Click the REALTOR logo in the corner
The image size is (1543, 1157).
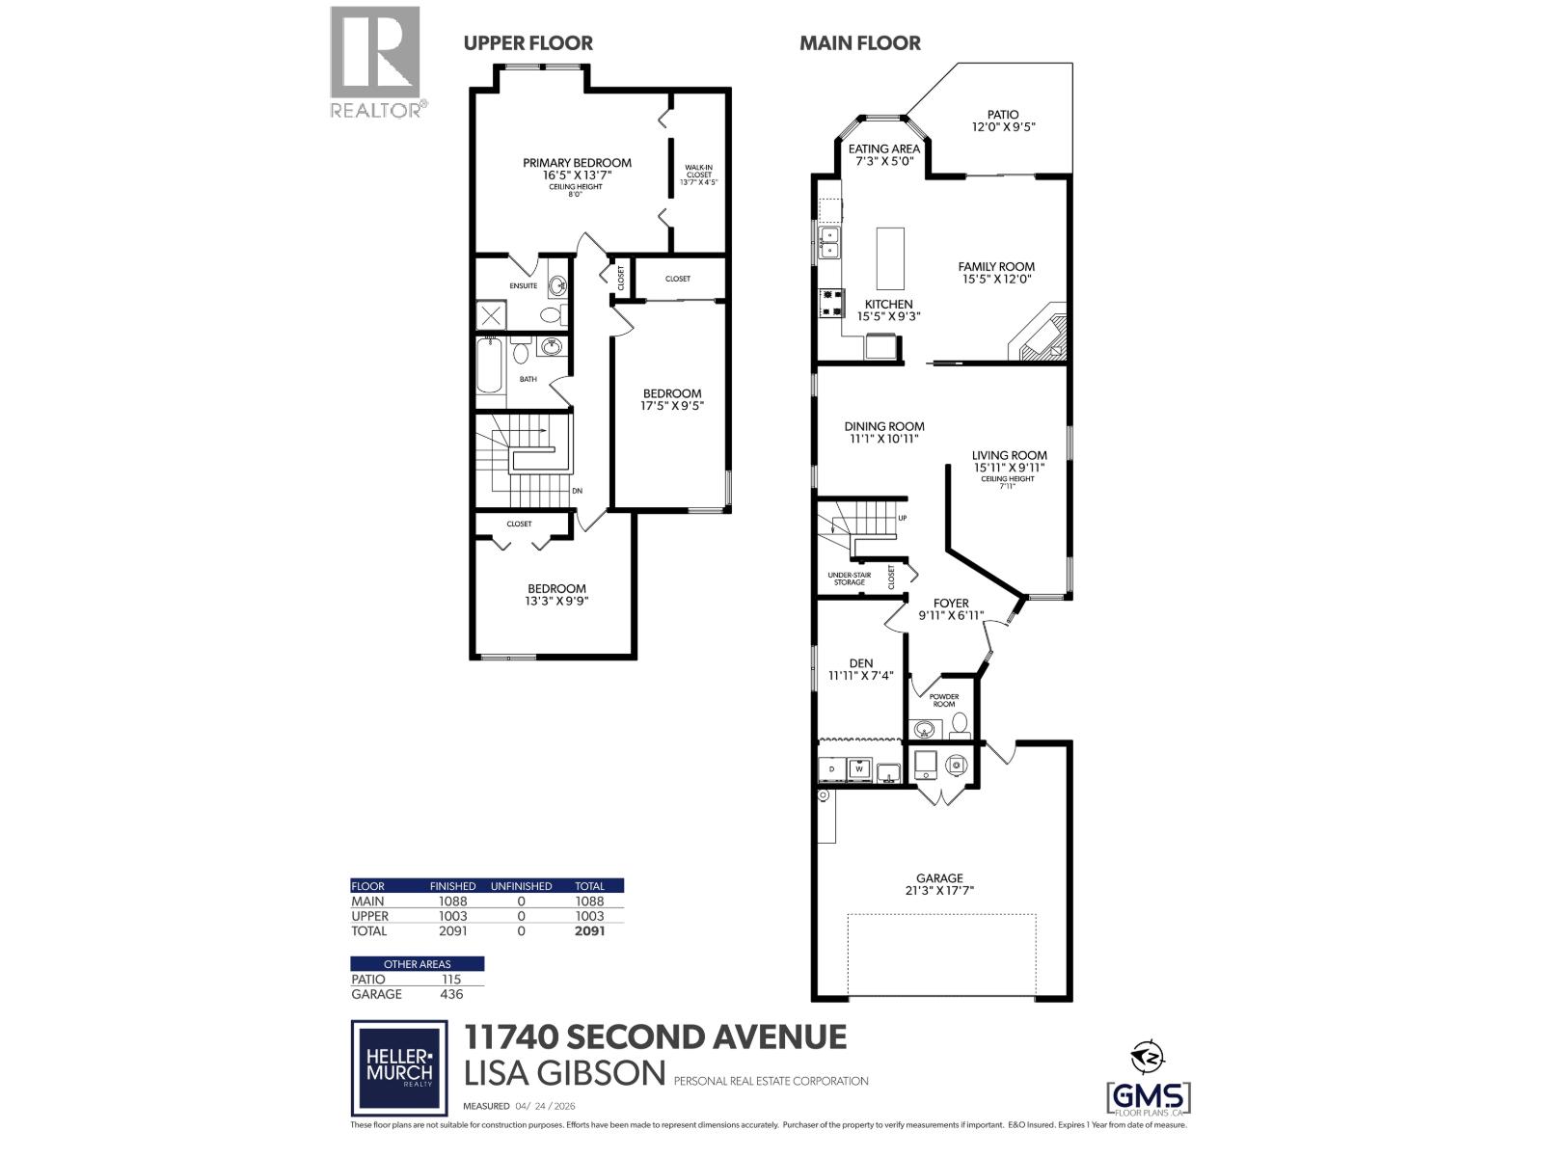[x=376, y=62]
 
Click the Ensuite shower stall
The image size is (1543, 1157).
[x=490, y=315]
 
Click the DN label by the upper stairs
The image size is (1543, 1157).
[x=577, y=491]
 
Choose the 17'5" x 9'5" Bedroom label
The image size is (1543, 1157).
[x=672, y=399]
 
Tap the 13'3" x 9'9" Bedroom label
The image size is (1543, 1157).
[x=556, y=594]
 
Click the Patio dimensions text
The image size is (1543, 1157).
[x=1002, y=127]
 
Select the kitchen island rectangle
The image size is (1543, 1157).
[x=890, y=258]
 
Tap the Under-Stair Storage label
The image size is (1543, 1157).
[x=849, y=578]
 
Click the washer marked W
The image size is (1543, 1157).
[x=858, y=768]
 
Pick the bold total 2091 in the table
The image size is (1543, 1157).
[x=589, y=931]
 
